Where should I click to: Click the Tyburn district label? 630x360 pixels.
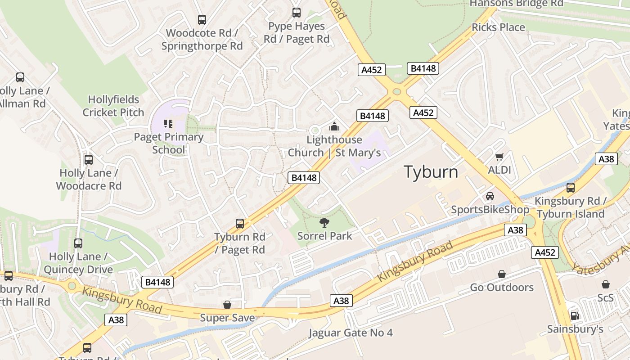[431, 172]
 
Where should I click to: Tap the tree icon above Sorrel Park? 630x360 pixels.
[324, 222]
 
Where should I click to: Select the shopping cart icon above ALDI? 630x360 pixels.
[499, 157]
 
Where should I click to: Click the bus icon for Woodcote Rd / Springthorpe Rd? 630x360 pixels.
[202, 20]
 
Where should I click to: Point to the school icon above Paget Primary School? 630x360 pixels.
[168, 123]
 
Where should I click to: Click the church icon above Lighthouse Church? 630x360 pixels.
[334, 127]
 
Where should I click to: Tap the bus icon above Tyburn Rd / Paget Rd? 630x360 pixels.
[240, 223]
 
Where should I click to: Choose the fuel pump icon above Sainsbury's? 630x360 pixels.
[574, 316]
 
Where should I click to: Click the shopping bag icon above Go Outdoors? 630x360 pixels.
[501, 274]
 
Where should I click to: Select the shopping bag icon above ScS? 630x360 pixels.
[605, 284]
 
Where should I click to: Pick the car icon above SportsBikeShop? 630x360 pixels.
[490, 196]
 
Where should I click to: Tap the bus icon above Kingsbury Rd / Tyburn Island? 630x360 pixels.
[570, 187]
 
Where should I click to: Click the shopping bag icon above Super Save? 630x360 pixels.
[227, 305]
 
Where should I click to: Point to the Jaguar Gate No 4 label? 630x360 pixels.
[351, 333]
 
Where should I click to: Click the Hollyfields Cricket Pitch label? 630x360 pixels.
[113, 106]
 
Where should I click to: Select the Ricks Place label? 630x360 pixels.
[498, 27]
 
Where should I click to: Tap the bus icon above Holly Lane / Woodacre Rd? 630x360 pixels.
[89, 159]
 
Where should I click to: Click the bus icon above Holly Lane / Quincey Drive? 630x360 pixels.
[78, 243]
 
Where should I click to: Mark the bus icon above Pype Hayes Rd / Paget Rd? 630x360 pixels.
[296, 13]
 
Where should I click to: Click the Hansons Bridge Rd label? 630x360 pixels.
[516, 4]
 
